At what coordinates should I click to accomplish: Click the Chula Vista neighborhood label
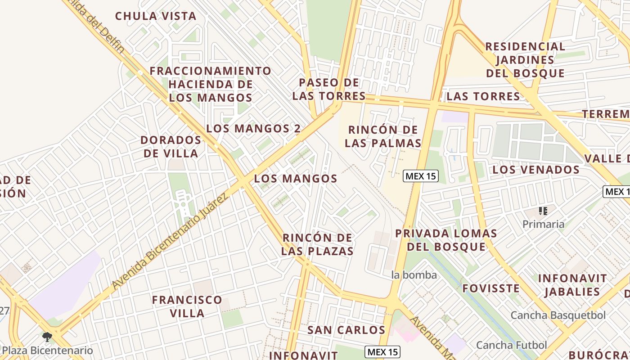tap(156, 16)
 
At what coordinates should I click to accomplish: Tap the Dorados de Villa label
tap(171, 147)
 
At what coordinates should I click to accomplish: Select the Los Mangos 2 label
tap(253, 128)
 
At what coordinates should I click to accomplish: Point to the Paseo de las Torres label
tap(329, 89)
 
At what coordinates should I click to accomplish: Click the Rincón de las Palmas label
tap(382, 136)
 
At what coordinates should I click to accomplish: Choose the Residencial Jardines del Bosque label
tap(525, 59)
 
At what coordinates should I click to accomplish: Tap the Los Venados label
tap(536, 170)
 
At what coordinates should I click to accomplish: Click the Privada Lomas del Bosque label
tap(446, 240)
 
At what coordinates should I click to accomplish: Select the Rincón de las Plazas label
tap(317, 244)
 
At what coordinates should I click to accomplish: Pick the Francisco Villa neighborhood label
tap(187, 306)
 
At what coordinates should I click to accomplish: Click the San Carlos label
tap(346, 330)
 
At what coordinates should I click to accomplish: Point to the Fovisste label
tap(490, 288)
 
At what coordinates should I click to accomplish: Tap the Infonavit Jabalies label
tap(572, 285)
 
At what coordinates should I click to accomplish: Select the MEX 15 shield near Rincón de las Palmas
tap(420, 176)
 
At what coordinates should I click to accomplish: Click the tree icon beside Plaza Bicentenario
tap(47, 337)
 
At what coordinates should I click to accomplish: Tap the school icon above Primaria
tap(543, 211)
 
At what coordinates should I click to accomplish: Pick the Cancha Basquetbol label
tap(558, 315)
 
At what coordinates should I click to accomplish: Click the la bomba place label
tap(414, 274)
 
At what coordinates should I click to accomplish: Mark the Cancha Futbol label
tap(511, 345)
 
